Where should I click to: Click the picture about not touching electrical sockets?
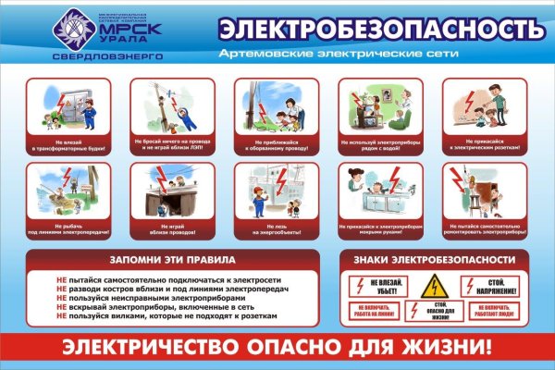479,110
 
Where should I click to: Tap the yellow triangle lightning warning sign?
433,287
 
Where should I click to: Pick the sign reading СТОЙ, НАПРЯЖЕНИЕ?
491,284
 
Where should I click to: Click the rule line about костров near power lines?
177,287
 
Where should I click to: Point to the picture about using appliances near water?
374,110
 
